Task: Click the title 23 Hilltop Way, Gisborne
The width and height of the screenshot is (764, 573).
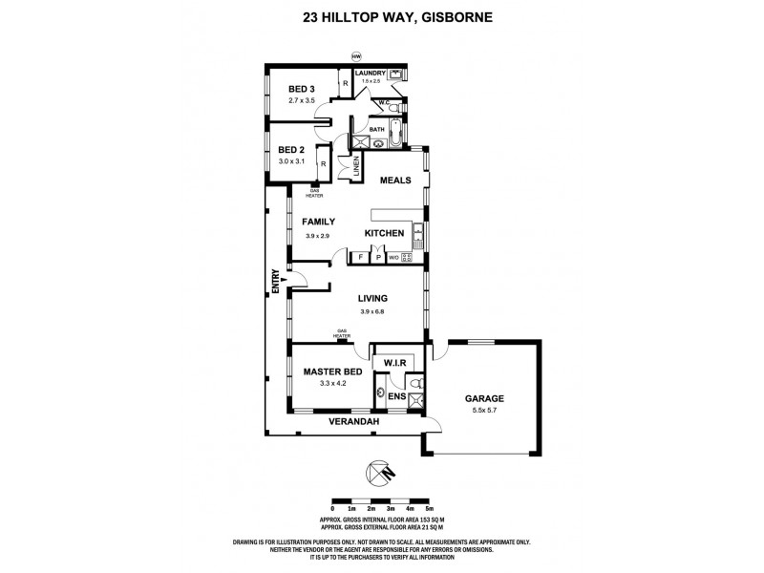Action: click(382, 16)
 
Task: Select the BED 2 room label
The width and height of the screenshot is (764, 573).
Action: click(291, 150)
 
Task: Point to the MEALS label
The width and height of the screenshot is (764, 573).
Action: click(395, 180)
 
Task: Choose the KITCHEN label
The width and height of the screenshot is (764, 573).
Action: click(384, 233)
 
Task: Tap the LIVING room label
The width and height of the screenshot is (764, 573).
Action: click(372, 298)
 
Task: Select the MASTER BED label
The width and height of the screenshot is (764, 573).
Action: click(329, 371)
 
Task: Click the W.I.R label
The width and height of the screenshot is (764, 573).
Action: click(396, 363)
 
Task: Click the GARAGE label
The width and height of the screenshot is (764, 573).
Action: click(484, 398)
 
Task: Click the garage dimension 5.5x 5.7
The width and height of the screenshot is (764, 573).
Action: click(484, 411)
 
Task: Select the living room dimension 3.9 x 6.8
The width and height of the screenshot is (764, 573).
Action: click(372, 311)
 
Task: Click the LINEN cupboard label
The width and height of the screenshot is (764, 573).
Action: click(356, 164)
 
